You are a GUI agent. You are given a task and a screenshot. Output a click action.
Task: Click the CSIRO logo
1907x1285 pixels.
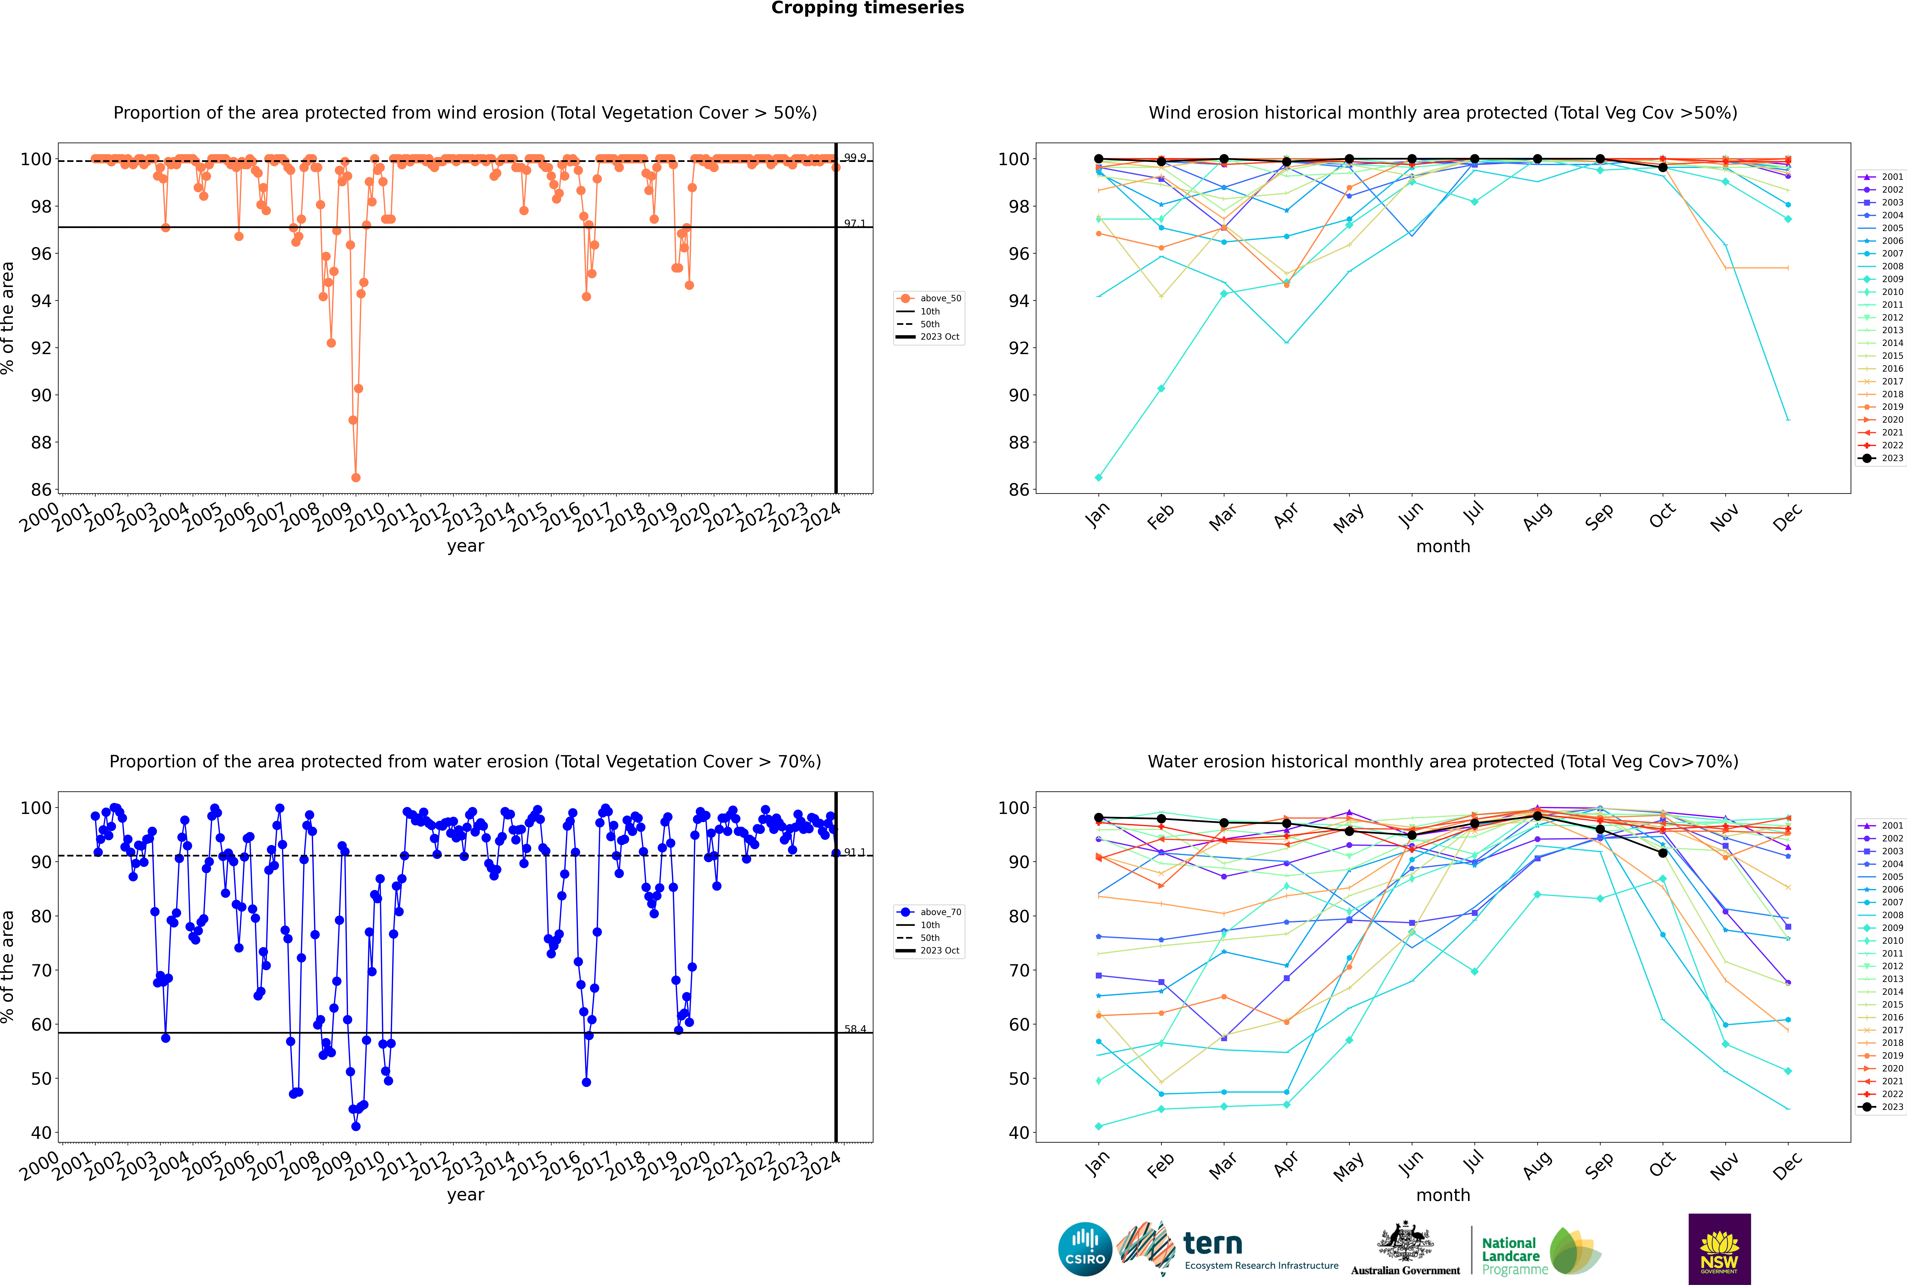[1085, 1249]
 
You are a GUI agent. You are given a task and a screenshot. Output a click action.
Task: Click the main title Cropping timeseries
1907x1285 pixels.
[867, 8]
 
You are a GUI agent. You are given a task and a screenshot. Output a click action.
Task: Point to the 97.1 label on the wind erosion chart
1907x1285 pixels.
[854, 223]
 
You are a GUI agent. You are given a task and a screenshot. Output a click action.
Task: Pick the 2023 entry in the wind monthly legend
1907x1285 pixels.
[1881, 458]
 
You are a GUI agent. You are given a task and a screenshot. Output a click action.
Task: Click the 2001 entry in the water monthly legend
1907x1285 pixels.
[1881, 825]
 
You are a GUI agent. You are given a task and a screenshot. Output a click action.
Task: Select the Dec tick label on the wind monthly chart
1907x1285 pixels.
[1787, 516]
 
